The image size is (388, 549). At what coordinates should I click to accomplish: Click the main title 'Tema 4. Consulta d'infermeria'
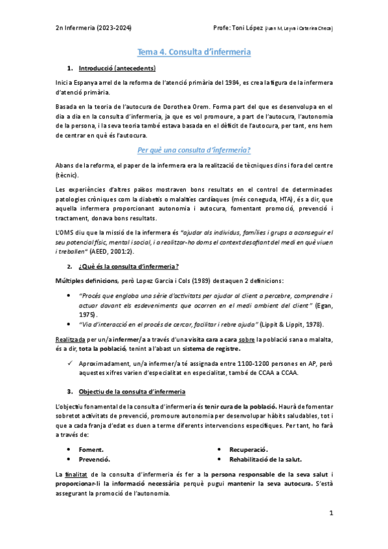coord(194,51)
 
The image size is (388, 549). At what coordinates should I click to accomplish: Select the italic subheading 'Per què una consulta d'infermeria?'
coord(194,150)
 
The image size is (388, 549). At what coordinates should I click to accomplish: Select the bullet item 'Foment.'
coord(91,449)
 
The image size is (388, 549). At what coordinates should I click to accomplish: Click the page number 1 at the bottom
coord(330,513)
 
